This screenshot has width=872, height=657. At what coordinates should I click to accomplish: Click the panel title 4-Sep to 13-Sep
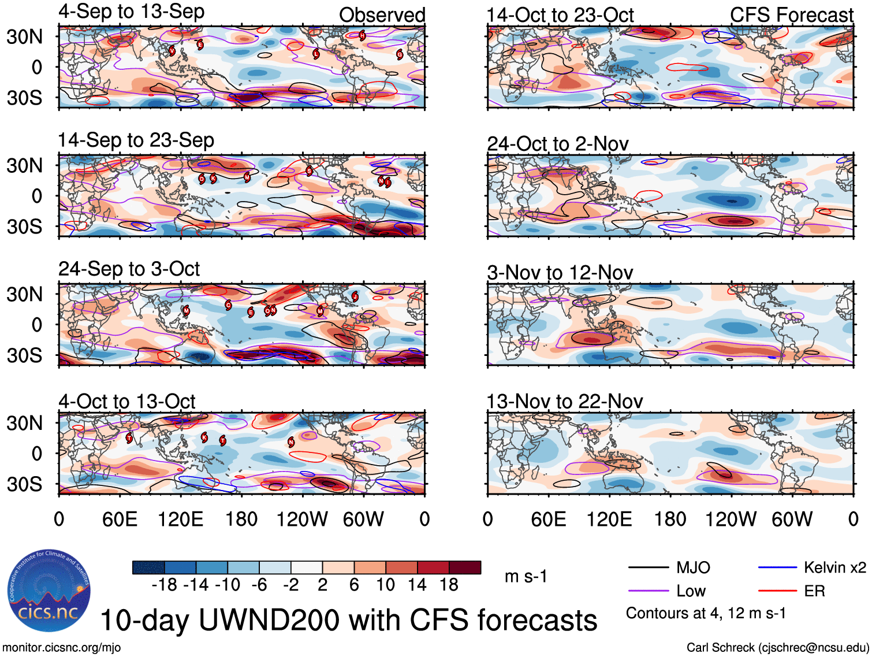[x=131, y=12]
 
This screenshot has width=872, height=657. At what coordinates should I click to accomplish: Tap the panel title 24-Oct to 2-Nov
[x=557, y=144]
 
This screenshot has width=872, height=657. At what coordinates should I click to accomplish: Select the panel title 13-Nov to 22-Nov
[x=564, y=401]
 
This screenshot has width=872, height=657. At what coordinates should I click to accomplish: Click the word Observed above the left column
[x=382, y=15]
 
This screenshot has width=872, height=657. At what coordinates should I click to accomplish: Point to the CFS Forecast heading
[x=791, y=15]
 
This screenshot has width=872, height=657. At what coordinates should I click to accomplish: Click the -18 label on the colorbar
[x=164, y=585]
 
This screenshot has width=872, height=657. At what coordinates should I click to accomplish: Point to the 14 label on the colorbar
[x=417, y=585]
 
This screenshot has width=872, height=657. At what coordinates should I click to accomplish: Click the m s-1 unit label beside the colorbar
[x=526, y=577]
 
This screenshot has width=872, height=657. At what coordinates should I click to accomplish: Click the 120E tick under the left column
[x=180, y=519]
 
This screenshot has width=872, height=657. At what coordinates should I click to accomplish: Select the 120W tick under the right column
[x=731, y=519]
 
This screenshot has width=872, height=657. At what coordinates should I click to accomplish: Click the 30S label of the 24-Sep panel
[x=24, y=355]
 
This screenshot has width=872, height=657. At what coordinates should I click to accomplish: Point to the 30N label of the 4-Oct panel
[x=24, y=423]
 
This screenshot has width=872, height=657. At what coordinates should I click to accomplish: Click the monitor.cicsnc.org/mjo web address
[x=62, y=647]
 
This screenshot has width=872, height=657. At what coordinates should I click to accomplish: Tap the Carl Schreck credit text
[x=777, y=647]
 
